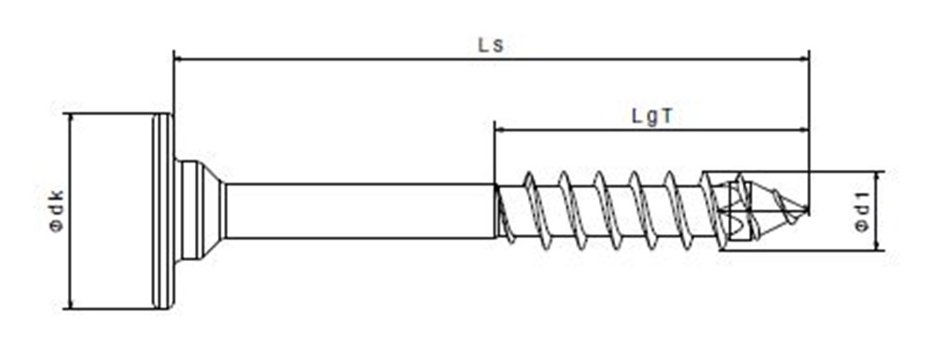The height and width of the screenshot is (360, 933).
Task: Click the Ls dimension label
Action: coord(491,45)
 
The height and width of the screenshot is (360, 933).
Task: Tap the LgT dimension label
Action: coord(652,116)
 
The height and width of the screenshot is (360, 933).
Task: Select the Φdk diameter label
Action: coord(57,211)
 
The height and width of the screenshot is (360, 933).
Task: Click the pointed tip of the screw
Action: coord(807,210)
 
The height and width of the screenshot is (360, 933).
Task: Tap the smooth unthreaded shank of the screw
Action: coord(360,211)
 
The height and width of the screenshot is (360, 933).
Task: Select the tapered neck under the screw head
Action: coord(202,211)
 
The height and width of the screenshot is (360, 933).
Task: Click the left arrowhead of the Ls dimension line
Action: coord(178,59)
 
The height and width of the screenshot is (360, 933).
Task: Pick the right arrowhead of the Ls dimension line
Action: coord(804,59)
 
